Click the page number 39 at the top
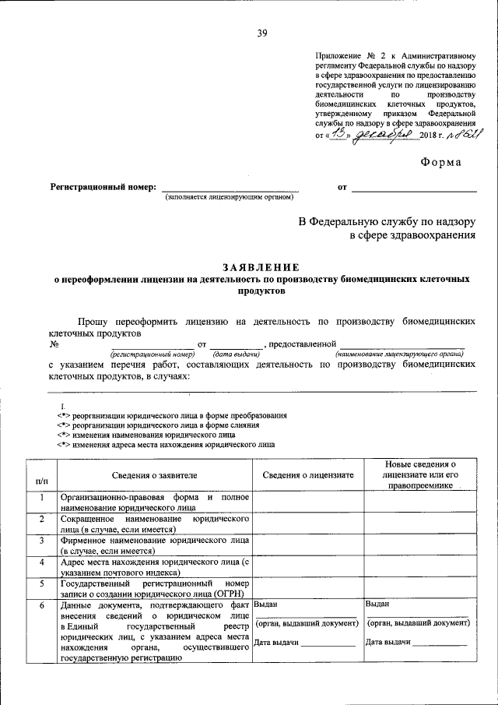(x=262, y=32)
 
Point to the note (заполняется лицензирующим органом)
(x=230, y=198)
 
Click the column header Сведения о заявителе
(x=153, y=474)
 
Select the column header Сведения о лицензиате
(x=307, y=474)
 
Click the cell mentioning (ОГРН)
(x=153, y=587)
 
